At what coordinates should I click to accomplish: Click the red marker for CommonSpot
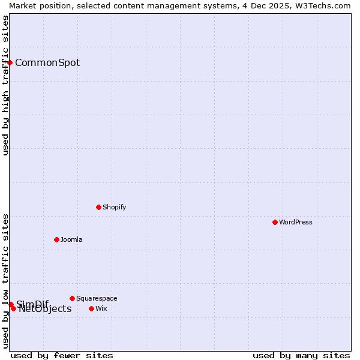pyautogui.click(x=10, y=62)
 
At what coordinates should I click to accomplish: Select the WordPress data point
pyautogui.click(x=275, y=222)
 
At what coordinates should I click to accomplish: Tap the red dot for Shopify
pyautogui.click(x=98, y=207)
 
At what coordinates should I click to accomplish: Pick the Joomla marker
pyautogui.click(x=56, y=239)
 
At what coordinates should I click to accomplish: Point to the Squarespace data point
pyautogui.click(x=72, y=298)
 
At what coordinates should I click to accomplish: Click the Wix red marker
pyautogui.click(x=91, y=308)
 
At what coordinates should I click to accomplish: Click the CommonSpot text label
pyautogui.click(x=47, y=62)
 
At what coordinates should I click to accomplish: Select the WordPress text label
pyautogui.click(x=296, y=222)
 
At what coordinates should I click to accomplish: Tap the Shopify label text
pyautogui.click(x=115, y=207)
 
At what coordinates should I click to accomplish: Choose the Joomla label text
pyautogui.click(x=71, y=239)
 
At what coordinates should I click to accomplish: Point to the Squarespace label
pyautogui.click(x=97, y=298)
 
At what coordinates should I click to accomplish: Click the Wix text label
pyautogui.click(x=101, y=308)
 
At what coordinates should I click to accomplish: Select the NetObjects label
pyautogui.click(x=45, y=309)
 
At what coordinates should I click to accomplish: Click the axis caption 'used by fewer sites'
pyautogui.click(x=62, y=355)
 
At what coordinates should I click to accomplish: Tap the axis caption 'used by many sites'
pyautogui.click(x=301, y=355)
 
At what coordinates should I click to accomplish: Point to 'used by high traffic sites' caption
pyautogui.click(x=5, y=85)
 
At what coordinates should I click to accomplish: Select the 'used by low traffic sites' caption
pyautogui.click(x=5, y=280)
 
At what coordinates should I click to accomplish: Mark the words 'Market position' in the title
pyautogui.click(x=36, y=5)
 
